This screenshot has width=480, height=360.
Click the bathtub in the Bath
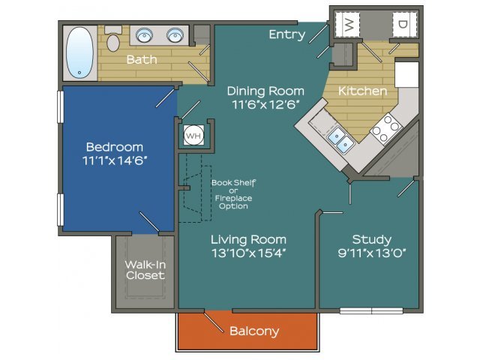(79, 52)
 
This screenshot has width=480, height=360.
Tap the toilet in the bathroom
(113, 39)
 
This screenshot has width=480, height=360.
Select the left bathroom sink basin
(144, 35)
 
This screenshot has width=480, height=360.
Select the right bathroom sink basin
(175, 35)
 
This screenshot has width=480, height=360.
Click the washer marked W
(347, 24)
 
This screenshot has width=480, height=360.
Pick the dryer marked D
(404, 24)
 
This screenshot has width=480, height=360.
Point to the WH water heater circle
(193, 135)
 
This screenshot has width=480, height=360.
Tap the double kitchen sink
(340, 139)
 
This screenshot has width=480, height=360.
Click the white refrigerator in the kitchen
(406, 74)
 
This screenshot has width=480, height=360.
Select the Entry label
(287, 34)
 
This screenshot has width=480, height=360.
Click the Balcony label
(254, 331)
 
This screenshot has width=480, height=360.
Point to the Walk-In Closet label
(145, 270)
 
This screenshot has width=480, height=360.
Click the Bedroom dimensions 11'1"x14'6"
(115, 160)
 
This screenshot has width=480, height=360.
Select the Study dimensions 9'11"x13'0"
(372, 253)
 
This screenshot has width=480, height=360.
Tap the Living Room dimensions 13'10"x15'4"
(248, 253)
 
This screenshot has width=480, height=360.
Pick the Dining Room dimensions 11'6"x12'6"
(265, 104)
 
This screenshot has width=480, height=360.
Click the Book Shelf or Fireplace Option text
(233, 194)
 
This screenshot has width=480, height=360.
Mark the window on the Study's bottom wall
(371, 311)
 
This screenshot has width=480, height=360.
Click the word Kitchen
(363, 91)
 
